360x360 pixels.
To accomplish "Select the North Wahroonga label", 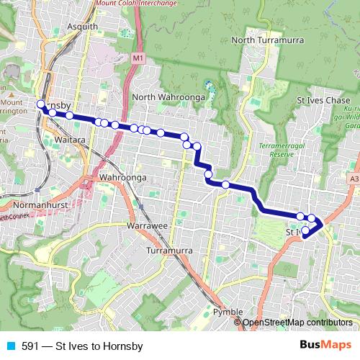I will click(169, 97).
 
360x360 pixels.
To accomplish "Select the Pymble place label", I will click(230, 311).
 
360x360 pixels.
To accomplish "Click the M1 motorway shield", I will click(138, 57).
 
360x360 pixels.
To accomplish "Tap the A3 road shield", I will click(353, 178).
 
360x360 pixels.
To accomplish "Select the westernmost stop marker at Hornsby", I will click(41, 104).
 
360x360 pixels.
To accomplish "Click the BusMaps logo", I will click(325, 346).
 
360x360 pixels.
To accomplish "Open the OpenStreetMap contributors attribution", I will click(297, 323).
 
